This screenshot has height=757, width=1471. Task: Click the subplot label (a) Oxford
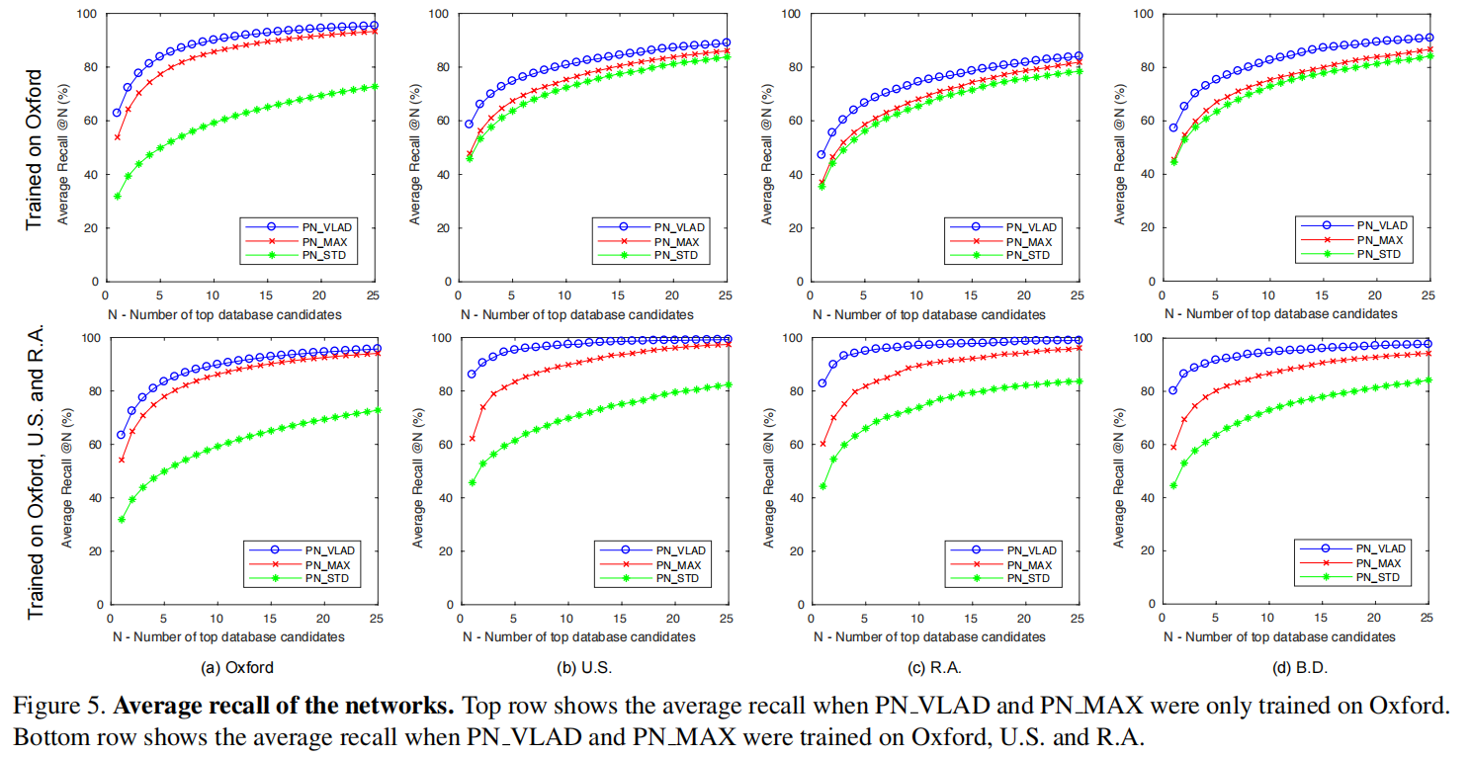coord(237,668)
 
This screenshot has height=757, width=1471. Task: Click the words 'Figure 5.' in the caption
coord(59,708)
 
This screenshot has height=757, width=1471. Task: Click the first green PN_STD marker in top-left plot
coord(117,196)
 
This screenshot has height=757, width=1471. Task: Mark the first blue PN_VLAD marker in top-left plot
coord(117,113)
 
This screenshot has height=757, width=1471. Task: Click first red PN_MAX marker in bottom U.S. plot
coord(472,439)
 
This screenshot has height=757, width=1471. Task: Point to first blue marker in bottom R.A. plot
coord(822,383)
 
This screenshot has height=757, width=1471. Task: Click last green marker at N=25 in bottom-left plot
coord(376,410)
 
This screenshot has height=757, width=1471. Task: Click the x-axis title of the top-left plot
coord(226,313)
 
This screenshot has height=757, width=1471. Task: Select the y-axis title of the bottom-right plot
coord(1120,470)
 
